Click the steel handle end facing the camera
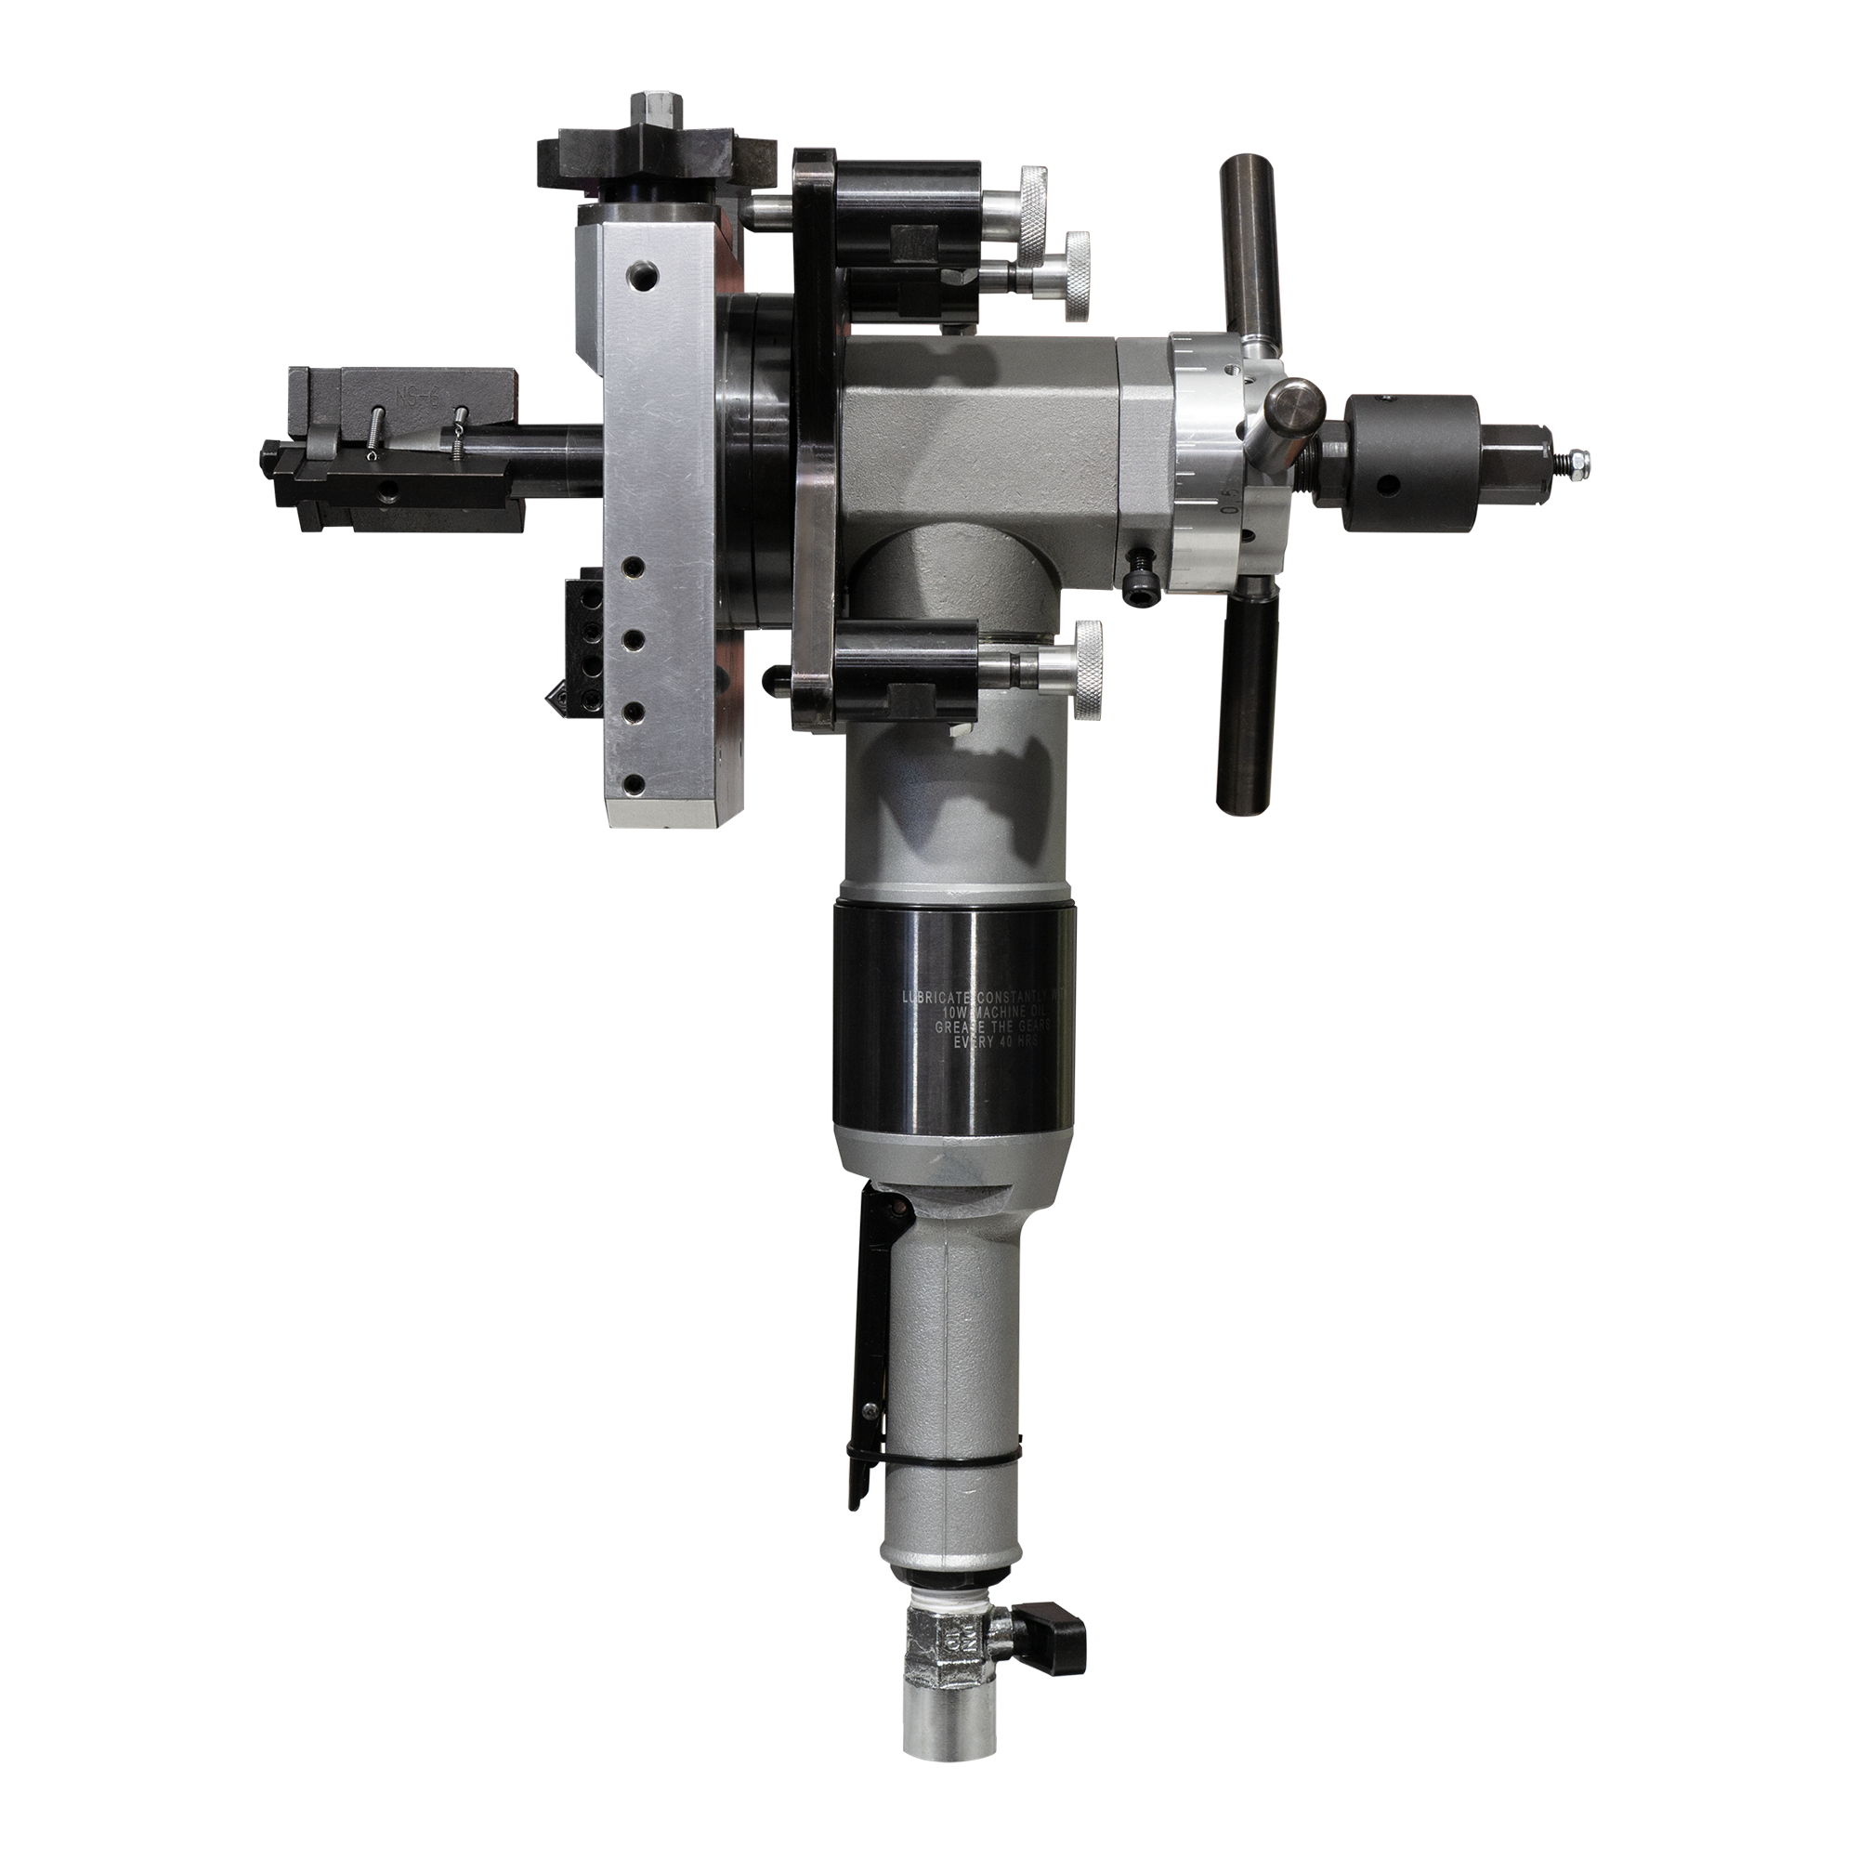[1293, 409]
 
